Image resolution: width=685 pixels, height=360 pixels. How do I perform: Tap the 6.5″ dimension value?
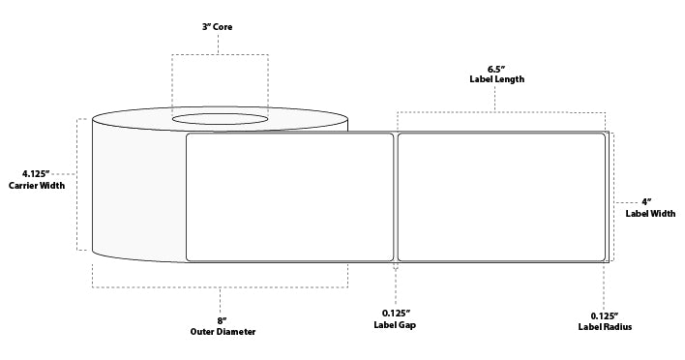[494, 69]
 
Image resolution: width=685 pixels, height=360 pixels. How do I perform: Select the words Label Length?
[494, 79]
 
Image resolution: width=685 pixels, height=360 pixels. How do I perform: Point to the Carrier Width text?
[37, 186]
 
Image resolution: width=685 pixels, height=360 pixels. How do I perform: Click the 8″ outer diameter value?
[221, 320]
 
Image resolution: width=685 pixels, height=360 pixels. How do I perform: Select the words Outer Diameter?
[221, 331]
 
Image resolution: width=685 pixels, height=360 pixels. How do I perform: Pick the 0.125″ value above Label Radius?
[604, 315]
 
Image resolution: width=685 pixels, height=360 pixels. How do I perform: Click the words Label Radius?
[604, 327]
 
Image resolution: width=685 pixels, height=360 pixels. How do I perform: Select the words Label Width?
[650, 213]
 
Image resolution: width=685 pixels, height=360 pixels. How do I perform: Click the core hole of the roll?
[221, 120]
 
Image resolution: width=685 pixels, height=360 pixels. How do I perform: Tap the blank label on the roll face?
[289, 196]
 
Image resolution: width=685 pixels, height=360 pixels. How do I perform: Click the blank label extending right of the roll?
[501, 196]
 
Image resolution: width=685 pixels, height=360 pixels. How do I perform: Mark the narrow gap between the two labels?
[396, 196]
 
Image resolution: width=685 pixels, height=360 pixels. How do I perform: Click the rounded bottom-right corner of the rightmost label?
[602, 257]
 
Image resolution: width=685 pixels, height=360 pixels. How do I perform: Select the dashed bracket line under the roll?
[221, 287]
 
